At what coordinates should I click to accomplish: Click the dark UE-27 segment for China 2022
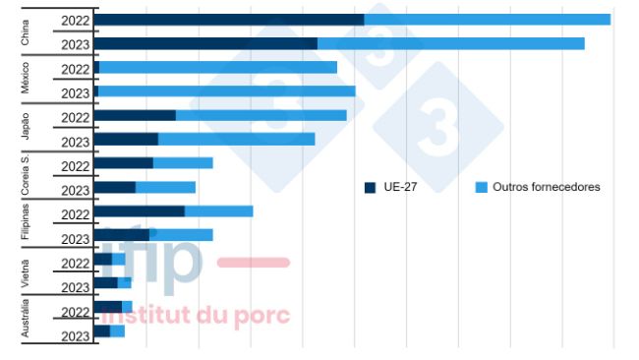(x=229, y=20)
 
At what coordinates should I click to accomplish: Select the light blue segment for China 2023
(x=450, y=43)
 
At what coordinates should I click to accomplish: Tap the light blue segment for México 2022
(x=218, y=68)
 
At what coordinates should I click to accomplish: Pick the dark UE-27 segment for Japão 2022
(x=136, y=115)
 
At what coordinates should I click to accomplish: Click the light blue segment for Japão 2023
(x=236, y=139)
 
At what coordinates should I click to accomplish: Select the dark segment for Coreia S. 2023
(x=116, y=187)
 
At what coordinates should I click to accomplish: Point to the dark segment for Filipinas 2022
(x=140, y=210)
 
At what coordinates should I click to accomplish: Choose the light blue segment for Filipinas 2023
(x=181, y=235)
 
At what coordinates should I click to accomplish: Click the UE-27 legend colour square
(x=371, y=187)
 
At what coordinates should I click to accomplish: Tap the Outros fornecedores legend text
(x=546, y=187)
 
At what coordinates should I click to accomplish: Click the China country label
(x=27, y=31)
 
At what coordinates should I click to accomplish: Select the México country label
(x=27, y=79)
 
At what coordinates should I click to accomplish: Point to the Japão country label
(x=27, y=127)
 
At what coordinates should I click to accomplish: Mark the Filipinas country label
(x=27, y=222)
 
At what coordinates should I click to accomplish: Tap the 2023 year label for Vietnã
(x=75, y=287)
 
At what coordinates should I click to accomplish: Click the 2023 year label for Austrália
(x=75, y=335)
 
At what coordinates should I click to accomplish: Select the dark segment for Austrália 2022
(x=108, y=307)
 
